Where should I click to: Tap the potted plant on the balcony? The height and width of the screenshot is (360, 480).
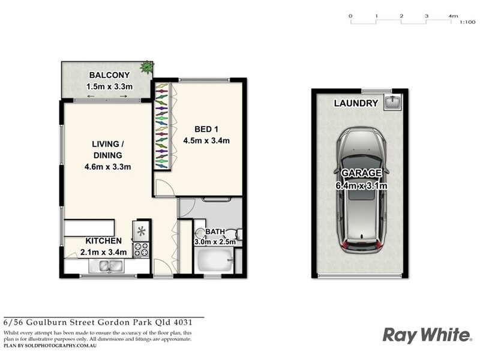coord(146,67)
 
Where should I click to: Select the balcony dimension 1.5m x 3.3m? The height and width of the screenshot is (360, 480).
coord(108,86)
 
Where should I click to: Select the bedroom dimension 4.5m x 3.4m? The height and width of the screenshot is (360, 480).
coord(207,141)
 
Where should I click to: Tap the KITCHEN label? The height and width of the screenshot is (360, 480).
coord(103,241)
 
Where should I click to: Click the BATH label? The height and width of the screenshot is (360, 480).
coord(214,232)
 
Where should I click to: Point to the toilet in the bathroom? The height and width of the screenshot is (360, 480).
coord(238,233)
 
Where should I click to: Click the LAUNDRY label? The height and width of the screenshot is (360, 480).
coord(356,103)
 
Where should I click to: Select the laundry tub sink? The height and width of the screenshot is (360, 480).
coord(394,102)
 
